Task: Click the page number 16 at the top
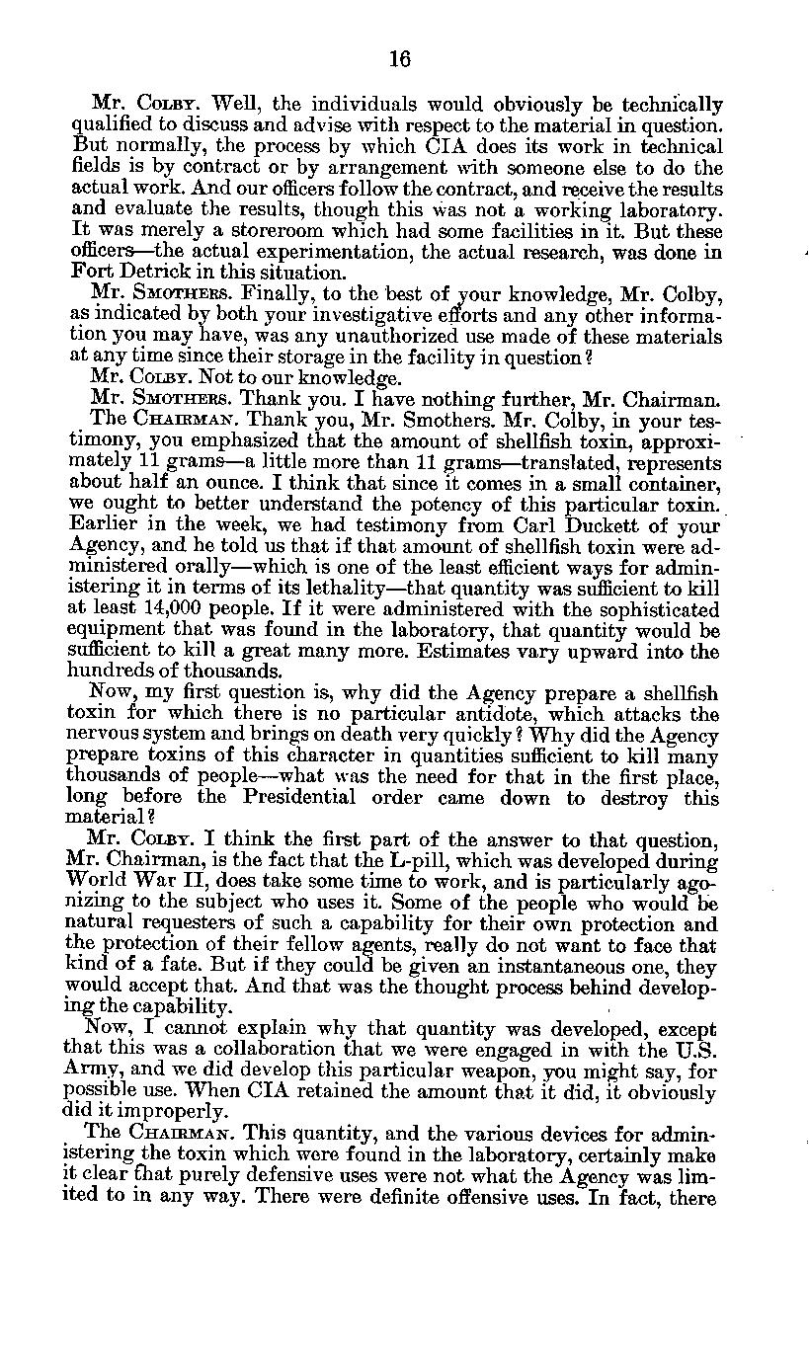[x=399, y=58]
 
